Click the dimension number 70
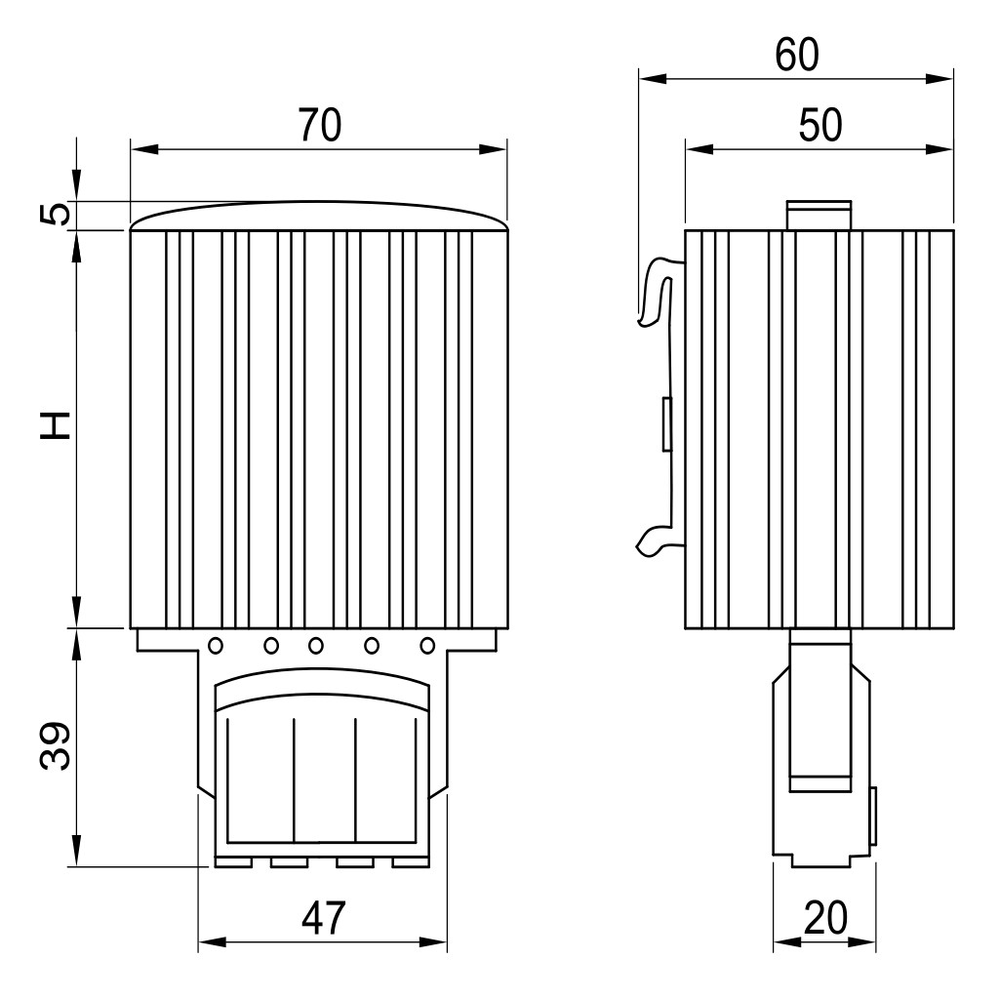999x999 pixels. tap(320, 125)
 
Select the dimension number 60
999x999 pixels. tap(796, 55)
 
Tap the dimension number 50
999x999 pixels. tap(819, 125)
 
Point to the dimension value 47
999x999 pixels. tap(323, 918)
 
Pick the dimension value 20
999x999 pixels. tap(825, 918)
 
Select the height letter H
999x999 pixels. tap(55, 426)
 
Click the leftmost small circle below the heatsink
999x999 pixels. tap(216, 646)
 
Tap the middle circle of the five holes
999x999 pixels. tap(315, 646)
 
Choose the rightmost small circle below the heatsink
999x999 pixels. tap(427, 646)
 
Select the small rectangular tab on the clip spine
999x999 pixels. tap(667, 424)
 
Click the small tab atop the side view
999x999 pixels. tap(819, 216)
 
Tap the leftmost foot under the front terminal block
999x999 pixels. tap(234, 862)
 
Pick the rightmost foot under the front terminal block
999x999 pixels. tap(411, 862)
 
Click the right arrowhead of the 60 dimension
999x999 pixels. tap(939, 79)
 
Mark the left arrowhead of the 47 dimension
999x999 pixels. tap(213, 942)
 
